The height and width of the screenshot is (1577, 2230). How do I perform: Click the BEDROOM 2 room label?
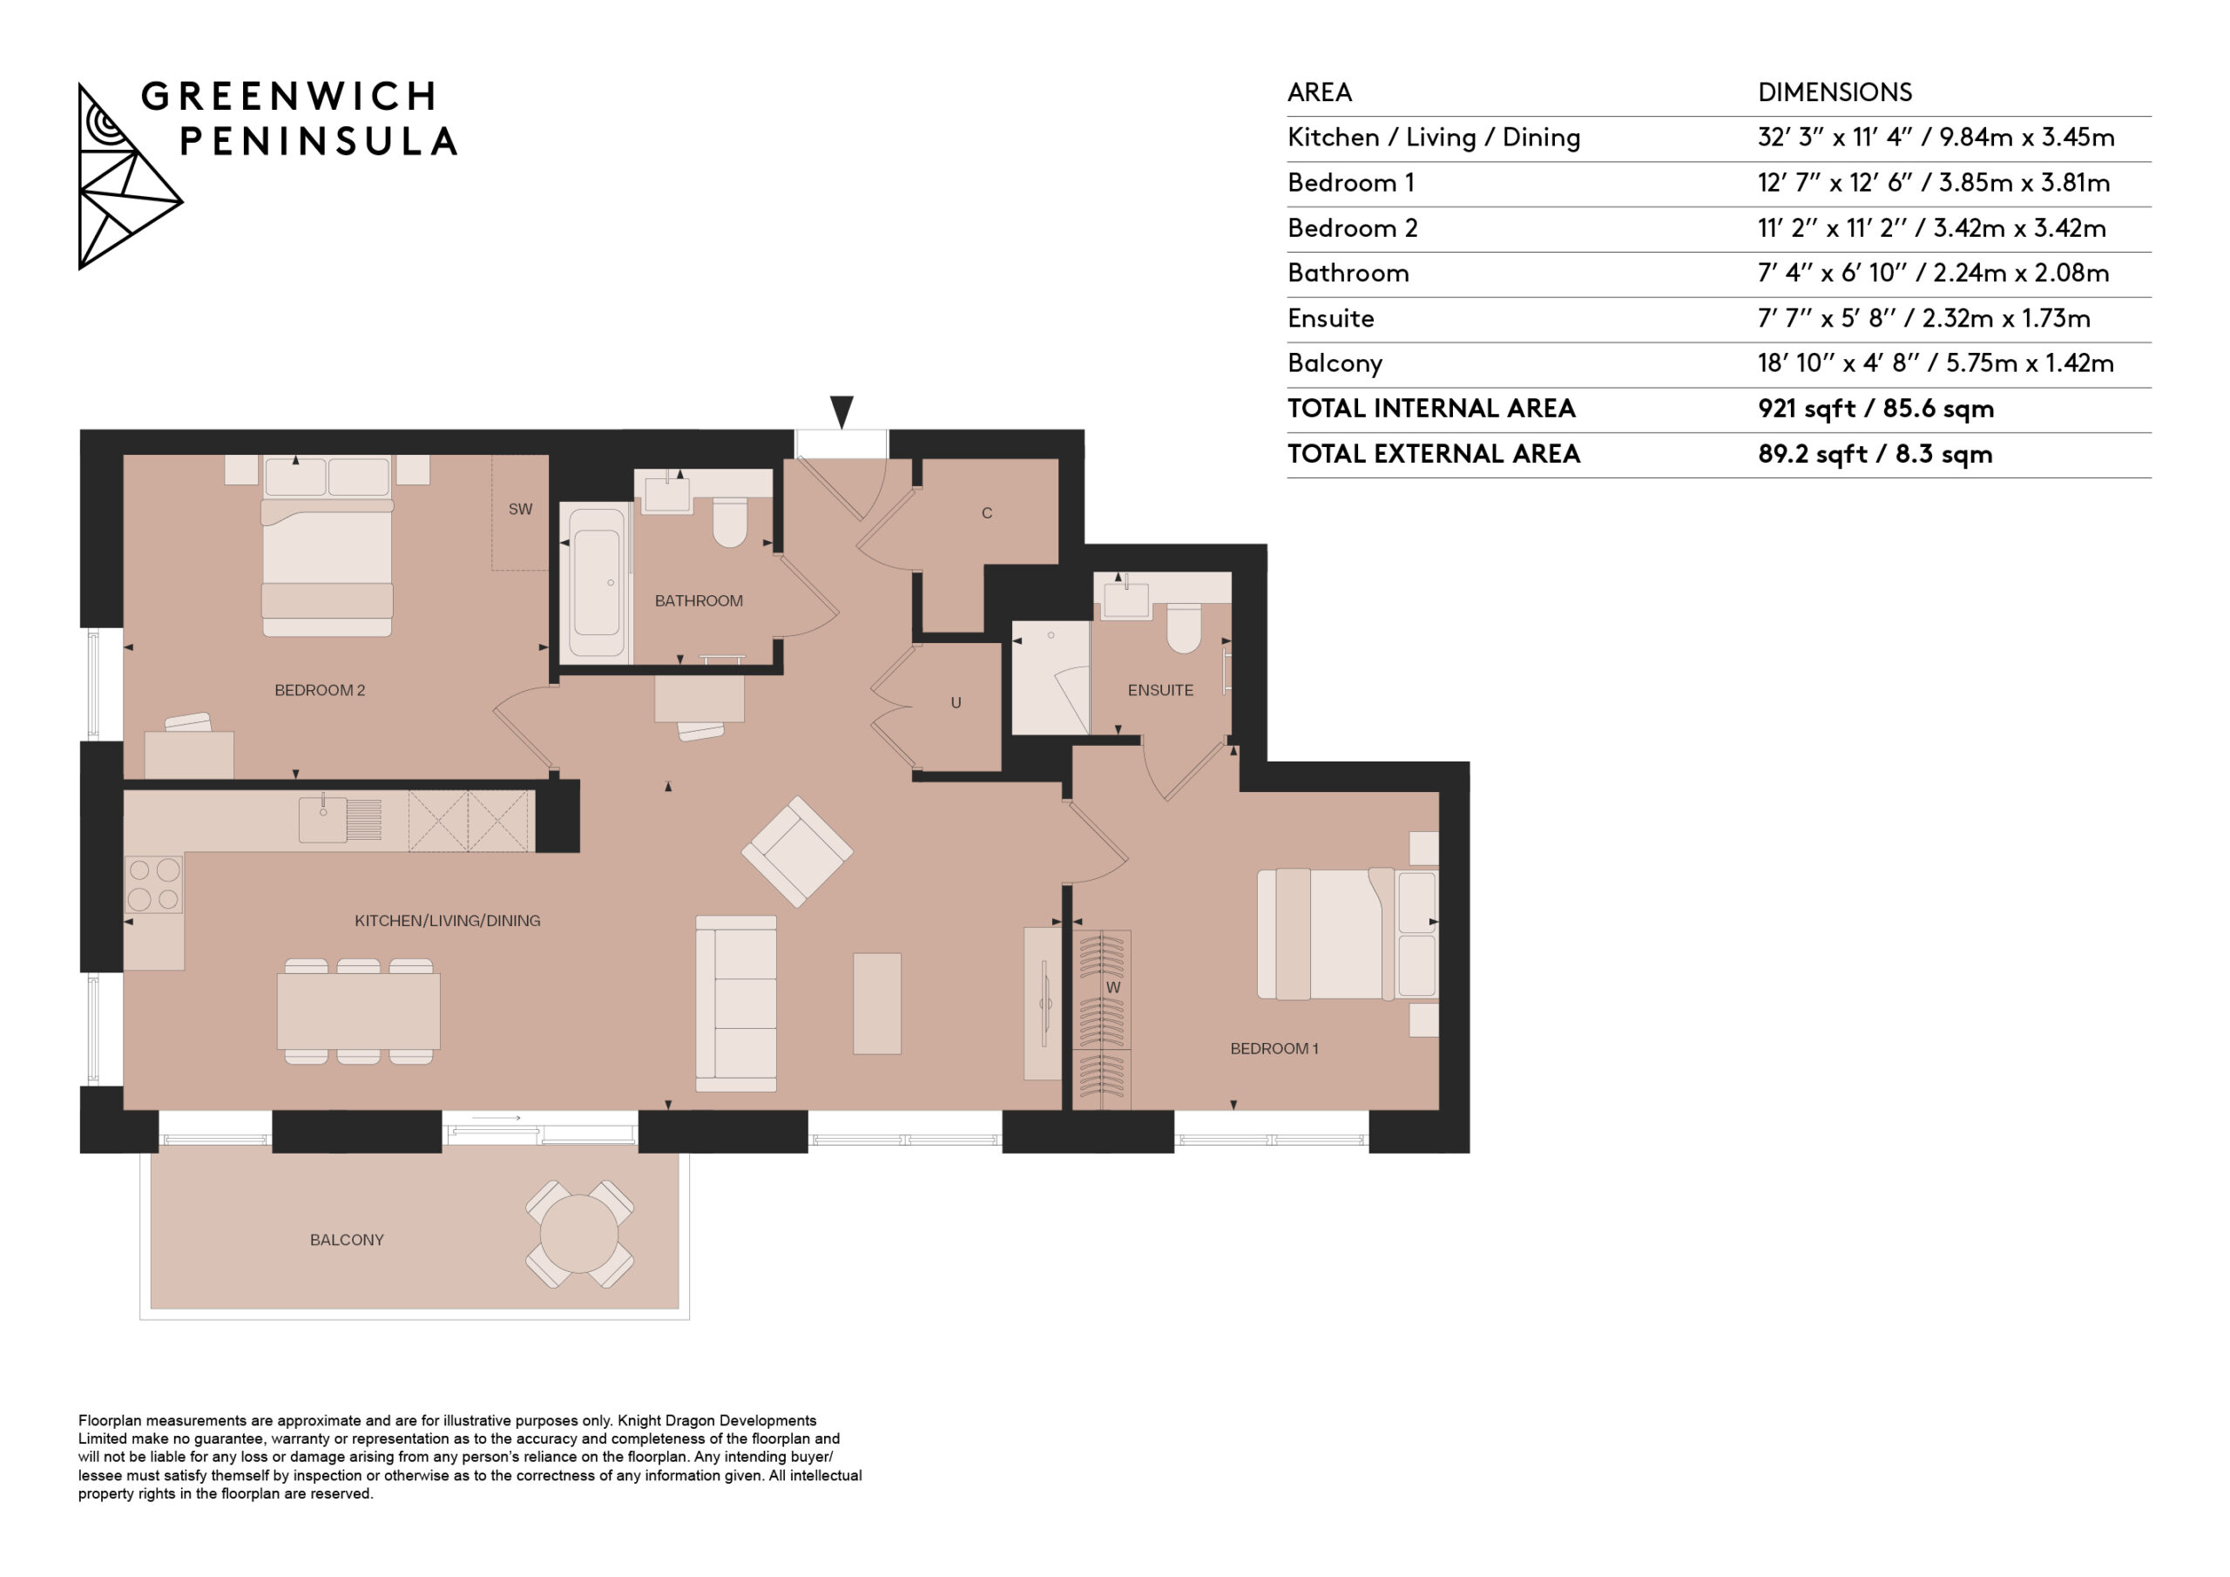[320, 690]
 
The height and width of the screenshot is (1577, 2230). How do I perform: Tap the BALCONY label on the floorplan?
[347, 1240]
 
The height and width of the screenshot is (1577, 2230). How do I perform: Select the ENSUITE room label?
[1159, 690]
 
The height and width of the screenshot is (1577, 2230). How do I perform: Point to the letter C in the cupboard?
[987, 513]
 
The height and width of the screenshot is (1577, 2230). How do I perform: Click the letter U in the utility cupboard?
[956, 702]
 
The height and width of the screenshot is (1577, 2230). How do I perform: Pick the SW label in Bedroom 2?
[521, 509]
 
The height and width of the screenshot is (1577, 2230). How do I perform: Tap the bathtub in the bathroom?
[595, 583]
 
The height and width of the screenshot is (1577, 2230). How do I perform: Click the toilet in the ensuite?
[1184, 627]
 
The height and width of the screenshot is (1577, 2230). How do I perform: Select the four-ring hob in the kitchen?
[154, 884]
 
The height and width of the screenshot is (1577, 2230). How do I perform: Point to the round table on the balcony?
[579, 1234]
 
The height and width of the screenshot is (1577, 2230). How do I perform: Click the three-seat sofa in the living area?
[736, 1004]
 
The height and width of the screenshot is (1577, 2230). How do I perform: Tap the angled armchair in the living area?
[797, 852]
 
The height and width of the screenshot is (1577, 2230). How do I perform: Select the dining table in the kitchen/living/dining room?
[358, 1012]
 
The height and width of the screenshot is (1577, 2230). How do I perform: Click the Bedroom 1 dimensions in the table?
[1933, 183]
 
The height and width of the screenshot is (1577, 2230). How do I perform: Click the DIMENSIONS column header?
[1835, 92]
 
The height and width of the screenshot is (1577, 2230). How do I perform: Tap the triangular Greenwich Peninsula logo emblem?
[130, 176]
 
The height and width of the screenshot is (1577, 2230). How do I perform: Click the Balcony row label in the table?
[1335, 363]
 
